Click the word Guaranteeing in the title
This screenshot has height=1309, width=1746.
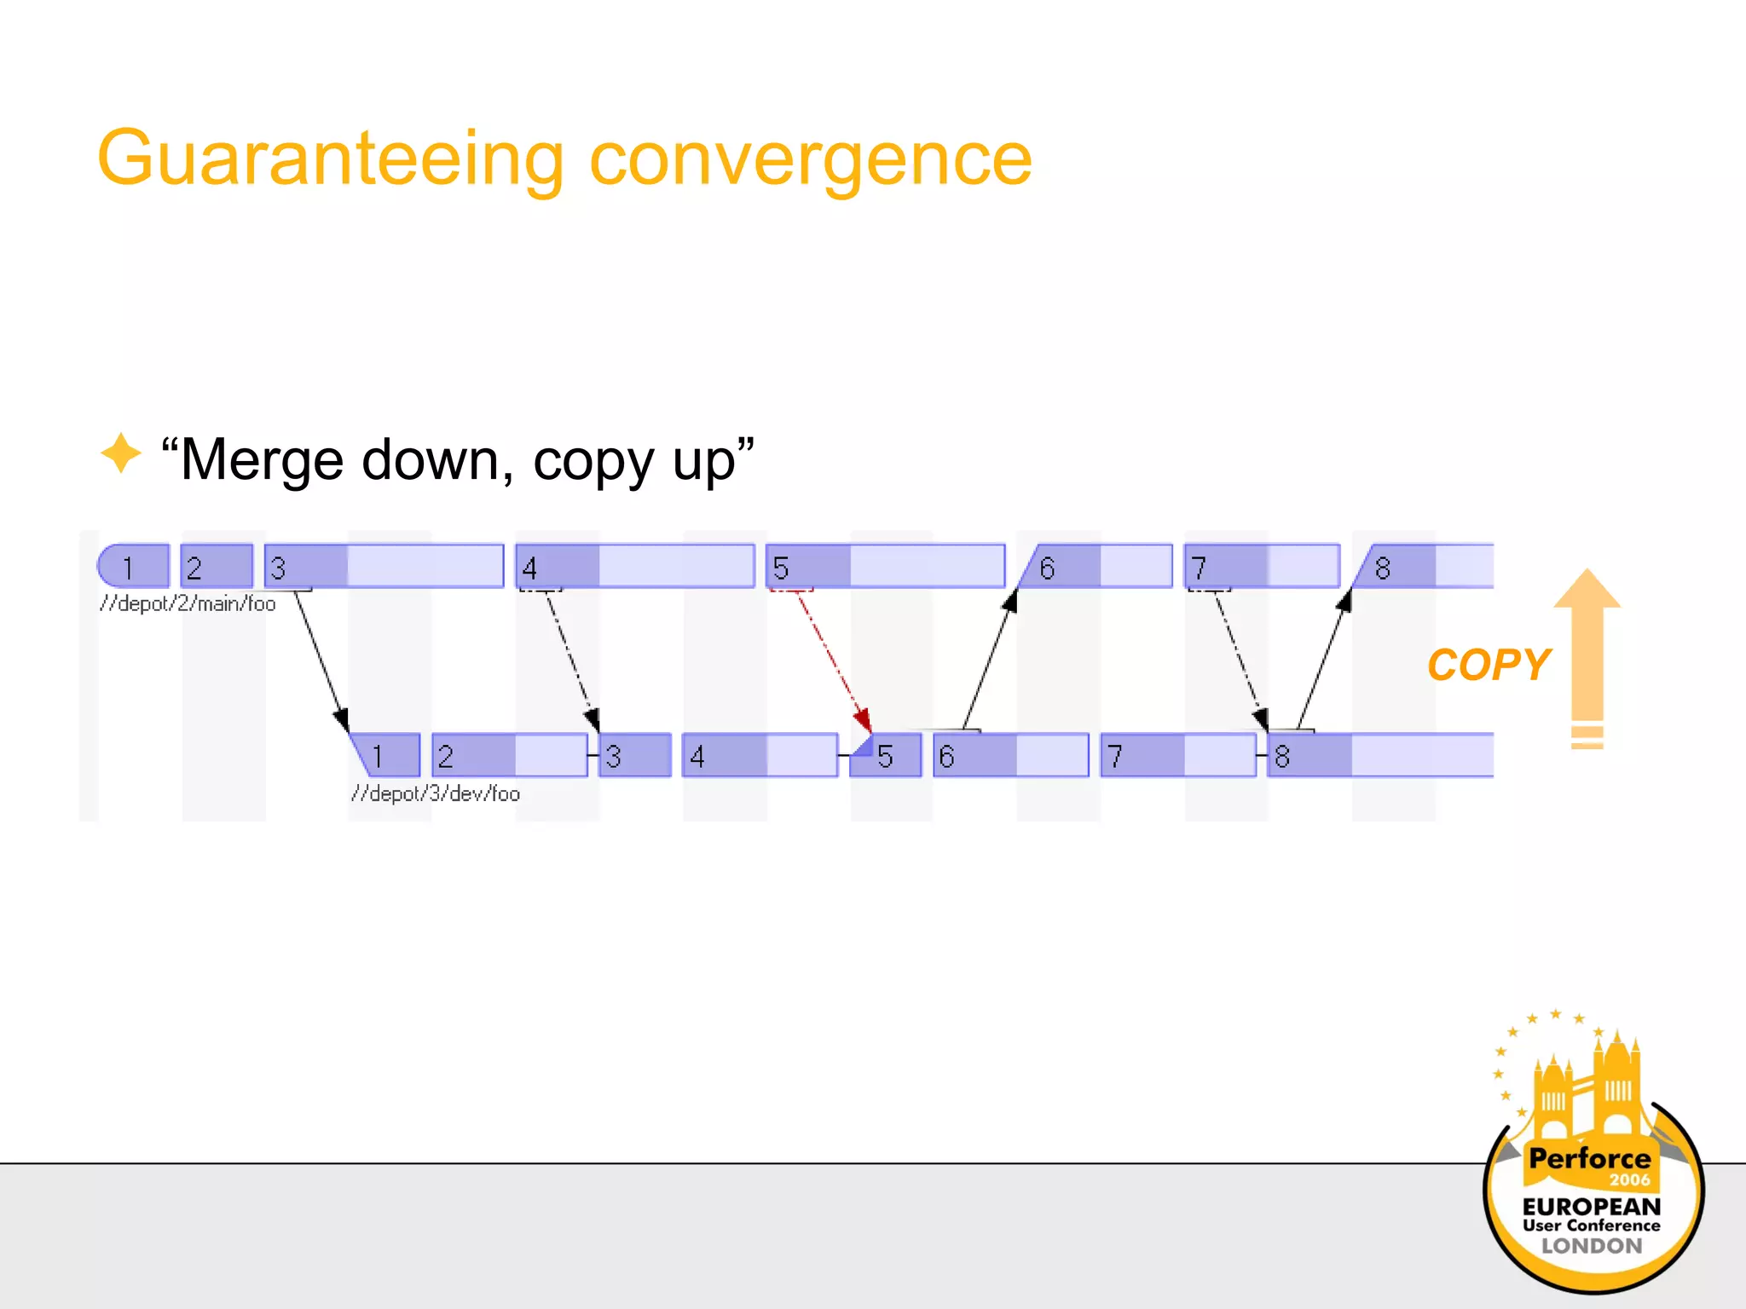(x=331, y=159)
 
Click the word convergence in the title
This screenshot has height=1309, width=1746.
(x=810, y=159)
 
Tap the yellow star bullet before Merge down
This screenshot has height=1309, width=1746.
(x=120, y=453)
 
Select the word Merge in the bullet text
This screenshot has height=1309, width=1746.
(x=262, y=460)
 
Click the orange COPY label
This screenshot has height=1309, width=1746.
(x=1488, y=666)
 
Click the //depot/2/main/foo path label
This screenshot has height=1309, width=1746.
(x=188, y=604)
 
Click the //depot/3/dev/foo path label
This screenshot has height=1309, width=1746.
(x=436, y=794)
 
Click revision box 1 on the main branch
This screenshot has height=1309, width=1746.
(x=134, y=567)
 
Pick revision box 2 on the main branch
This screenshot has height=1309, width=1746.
(x=217, y=567)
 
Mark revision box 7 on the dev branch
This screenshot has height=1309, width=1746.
(x=1177, y=756)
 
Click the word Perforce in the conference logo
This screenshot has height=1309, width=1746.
(x=1589, y=1159)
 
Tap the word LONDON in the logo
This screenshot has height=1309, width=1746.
(x=1591, y=1246)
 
